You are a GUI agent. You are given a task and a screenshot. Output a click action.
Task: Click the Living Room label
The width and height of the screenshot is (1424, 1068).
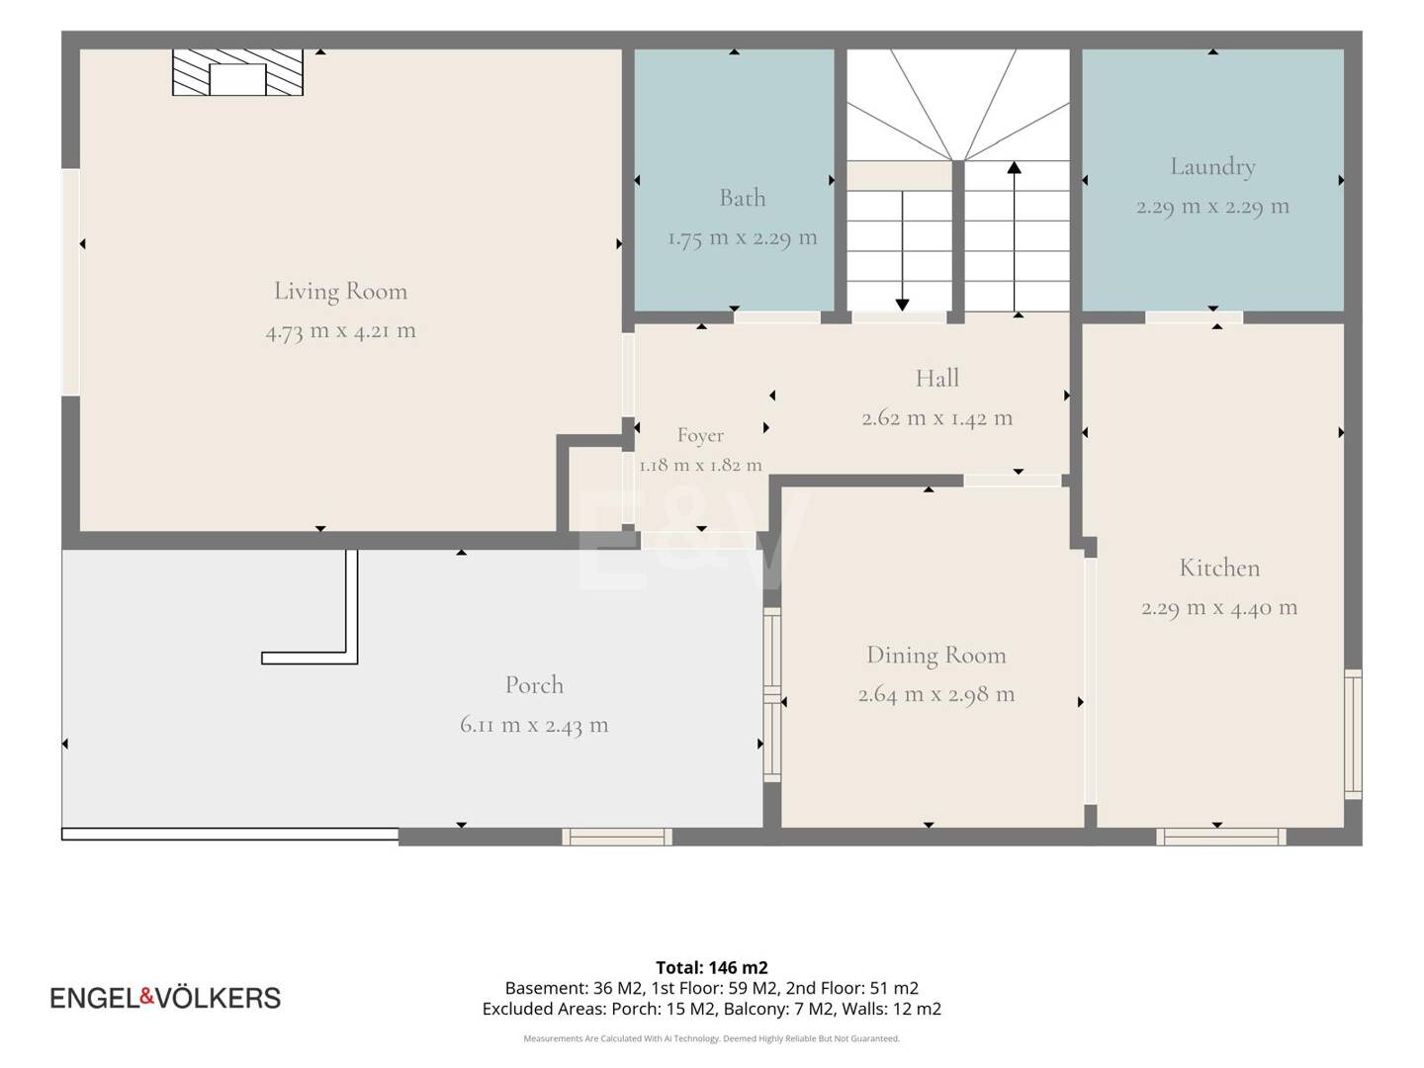[x=340, y=291]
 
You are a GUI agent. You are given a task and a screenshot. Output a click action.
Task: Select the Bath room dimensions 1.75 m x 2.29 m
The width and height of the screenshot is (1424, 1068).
[x=743, y=238]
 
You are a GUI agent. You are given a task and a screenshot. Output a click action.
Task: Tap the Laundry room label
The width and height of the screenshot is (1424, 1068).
[x=1212, y=167]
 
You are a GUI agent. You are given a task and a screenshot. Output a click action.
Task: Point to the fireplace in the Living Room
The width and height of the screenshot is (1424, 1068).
[x=237, y=72]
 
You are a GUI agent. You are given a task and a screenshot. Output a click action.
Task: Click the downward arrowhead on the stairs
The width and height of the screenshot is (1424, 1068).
[x=902, y=305]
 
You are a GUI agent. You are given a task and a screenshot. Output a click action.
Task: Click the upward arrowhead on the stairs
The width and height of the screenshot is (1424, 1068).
[x=1014, y=167]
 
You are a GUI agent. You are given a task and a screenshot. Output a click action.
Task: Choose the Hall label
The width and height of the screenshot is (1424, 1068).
[x=936, y=378]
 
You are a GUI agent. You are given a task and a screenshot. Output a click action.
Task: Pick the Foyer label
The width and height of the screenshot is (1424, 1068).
[x=700, y=435]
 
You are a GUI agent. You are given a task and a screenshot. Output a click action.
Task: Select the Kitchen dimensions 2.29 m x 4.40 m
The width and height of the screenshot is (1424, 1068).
[x=1219, y=608]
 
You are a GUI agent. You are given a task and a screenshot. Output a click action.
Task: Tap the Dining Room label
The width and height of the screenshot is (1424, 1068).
[x=936, y=656]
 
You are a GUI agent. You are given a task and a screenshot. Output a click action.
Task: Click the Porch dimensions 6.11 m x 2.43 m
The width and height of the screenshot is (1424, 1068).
[x=534, y=725]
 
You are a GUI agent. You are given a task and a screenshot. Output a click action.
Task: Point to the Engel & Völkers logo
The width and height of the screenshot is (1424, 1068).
[x=165, y=998]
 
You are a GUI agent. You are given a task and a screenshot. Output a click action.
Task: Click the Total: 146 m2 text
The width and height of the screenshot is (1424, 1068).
[x=712, y=967]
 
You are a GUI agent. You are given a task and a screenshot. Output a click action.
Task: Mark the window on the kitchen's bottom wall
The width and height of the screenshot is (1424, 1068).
[x=1220, y=837]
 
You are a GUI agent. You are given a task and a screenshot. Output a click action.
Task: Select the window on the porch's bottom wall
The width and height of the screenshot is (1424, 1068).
[x=617, y=837]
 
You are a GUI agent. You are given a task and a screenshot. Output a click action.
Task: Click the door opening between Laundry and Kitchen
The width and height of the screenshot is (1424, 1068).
[x=1194, y=317]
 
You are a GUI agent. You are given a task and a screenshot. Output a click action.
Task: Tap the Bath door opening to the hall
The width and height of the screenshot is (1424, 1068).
[x=777, y=317]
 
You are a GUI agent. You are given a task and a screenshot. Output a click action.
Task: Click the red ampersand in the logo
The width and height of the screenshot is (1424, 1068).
[x=146, y=996]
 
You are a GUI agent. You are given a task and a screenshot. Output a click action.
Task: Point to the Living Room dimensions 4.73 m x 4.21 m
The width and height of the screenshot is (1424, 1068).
[x=340, y=331]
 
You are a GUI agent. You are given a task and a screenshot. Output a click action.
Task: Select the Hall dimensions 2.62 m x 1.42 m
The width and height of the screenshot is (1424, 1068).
[x=936, y=418]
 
